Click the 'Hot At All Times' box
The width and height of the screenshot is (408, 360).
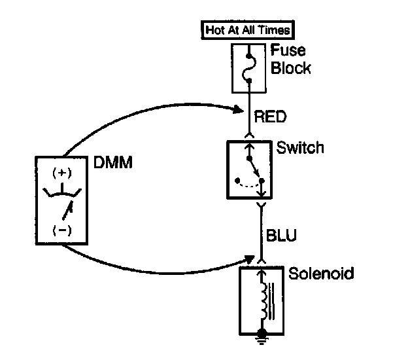(248, 30)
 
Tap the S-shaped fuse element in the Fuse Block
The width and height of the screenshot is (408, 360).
(249, 68)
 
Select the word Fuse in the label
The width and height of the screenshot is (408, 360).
(288, 50)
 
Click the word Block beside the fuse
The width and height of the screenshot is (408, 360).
(291, 67)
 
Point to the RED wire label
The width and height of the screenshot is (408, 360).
(270, 117)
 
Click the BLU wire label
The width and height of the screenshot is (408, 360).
(281, 235)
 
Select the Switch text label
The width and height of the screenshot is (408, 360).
(300, 147)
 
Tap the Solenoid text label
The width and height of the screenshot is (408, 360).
(321, 273)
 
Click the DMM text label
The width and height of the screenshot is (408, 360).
(112, 162)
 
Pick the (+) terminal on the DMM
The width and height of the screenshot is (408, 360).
(62, 173)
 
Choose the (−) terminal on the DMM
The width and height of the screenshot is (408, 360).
(62, 230)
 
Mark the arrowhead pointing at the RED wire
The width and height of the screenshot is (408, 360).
(239, 109)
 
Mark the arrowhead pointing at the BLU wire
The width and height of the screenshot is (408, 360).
(248, 259)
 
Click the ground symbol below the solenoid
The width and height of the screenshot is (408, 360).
(262, 338)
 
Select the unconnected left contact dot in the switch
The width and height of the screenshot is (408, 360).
(237, 180)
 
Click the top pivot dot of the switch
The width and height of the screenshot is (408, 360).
(249, 158)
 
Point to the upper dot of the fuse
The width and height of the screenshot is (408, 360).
(248, 56)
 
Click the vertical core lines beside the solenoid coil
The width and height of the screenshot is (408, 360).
(271, 301)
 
